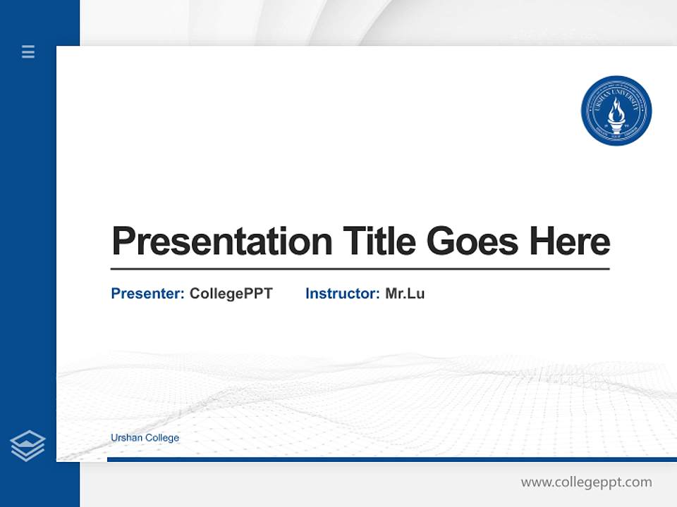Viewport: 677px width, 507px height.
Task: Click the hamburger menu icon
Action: (x=28, y=51)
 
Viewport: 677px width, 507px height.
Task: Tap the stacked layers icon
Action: (x=28, y=446)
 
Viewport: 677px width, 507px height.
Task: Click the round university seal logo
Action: (x=616, y=111)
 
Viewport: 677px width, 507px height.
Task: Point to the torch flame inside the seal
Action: (x=616, y=109)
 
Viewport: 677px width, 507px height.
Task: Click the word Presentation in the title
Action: (x=221, y=242)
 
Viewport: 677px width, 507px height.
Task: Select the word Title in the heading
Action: (x=379, y=241)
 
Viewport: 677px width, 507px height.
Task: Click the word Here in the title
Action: (x=569, y=241)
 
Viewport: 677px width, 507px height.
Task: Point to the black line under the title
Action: (x=360, y=269)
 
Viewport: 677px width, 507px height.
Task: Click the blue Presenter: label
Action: (x=147, y=294)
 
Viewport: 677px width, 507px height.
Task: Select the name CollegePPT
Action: (x=231, y=294)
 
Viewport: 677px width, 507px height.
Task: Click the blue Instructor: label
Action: (x=342, y=294)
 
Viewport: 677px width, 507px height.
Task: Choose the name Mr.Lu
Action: (x=405, y=294)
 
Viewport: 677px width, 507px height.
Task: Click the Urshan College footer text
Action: (x=145, y=438)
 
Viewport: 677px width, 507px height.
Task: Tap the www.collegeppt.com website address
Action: (x=586, y=482)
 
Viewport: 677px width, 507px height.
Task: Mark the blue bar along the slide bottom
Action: (x=391, y=459)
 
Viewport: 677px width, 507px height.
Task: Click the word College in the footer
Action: (x=162, y=438)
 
